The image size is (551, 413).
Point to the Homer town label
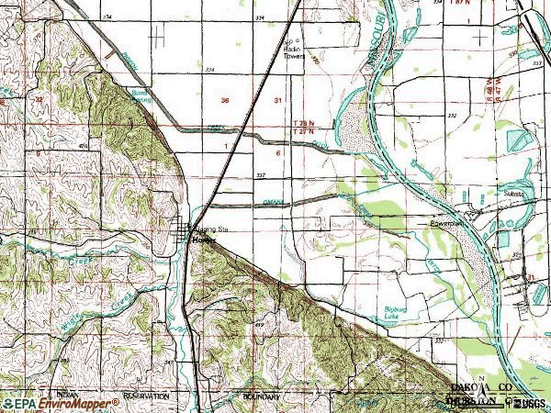click(x=203, y=240)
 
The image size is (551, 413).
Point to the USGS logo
click(x=528, y=402)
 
